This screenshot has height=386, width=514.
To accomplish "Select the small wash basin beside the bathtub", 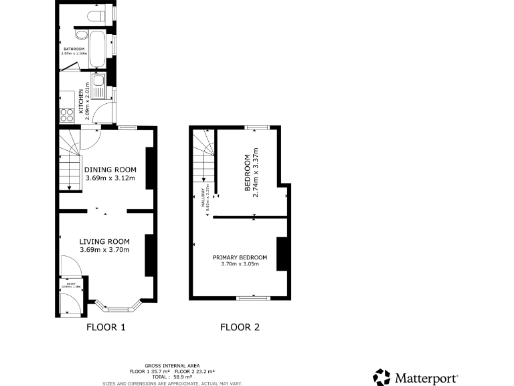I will (81, 36).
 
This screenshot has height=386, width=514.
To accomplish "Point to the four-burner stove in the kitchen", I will (67, 115).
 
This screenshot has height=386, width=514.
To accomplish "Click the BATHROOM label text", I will (73, 50).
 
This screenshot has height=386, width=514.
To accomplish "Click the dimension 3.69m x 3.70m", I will (104, 250).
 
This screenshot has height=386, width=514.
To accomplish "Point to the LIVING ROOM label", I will (104, 241).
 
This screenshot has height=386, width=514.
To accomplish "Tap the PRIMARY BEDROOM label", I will (240, 257).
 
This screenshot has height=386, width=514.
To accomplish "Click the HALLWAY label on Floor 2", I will (203, 198).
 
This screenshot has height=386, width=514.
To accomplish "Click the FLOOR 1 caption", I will (106, 328).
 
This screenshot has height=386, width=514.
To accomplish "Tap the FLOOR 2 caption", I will (240, 328).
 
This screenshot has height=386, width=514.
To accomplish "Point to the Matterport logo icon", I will (381, 377).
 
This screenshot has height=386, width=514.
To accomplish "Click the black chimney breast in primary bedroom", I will (282, 254).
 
